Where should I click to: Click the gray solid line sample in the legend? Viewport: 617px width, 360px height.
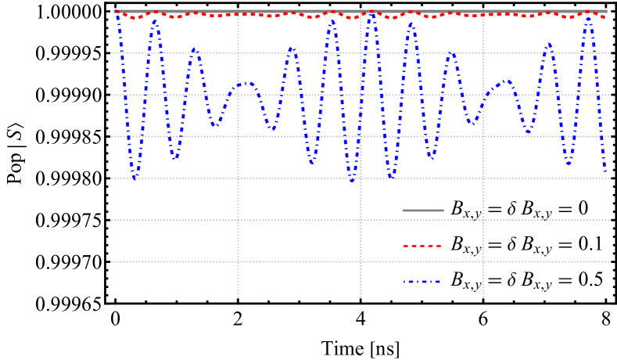coord(422,211)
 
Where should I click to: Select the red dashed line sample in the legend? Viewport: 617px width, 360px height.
coord(422,246)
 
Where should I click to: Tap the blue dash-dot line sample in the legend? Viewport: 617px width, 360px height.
coord(422,281)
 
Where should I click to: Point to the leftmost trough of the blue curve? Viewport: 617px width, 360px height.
coord(135,178)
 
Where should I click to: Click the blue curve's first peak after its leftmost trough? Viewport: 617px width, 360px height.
coord(155,21)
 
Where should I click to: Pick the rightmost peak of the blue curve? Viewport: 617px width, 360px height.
coord(588,18)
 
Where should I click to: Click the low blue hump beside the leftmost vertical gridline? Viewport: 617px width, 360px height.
coord(248,82)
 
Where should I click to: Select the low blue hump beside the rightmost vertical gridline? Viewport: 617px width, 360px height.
coord(507,81)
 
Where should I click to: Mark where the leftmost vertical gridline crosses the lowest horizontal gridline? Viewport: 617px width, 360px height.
coord(238,261)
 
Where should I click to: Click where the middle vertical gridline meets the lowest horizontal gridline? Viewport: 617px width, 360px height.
coord(361,261)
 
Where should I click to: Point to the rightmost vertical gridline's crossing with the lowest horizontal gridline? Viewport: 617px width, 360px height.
coord(482,261)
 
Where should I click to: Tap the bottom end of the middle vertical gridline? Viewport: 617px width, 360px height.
coord(361,297)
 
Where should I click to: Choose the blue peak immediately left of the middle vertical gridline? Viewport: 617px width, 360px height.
coord(334,21)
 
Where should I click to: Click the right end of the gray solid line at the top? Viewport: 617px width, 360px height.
coord(607,11)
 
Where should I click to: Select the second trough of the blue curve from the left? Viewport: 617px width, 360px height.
coord(175,159)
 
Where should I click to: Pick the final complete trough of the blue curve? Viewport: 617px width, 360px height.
coord(569,164)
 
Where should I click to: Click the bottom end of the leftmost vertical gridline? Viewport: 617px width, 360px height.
coord(238,297)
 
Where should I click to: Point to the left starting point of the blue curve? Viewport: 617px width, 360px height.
coord(117,13)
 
